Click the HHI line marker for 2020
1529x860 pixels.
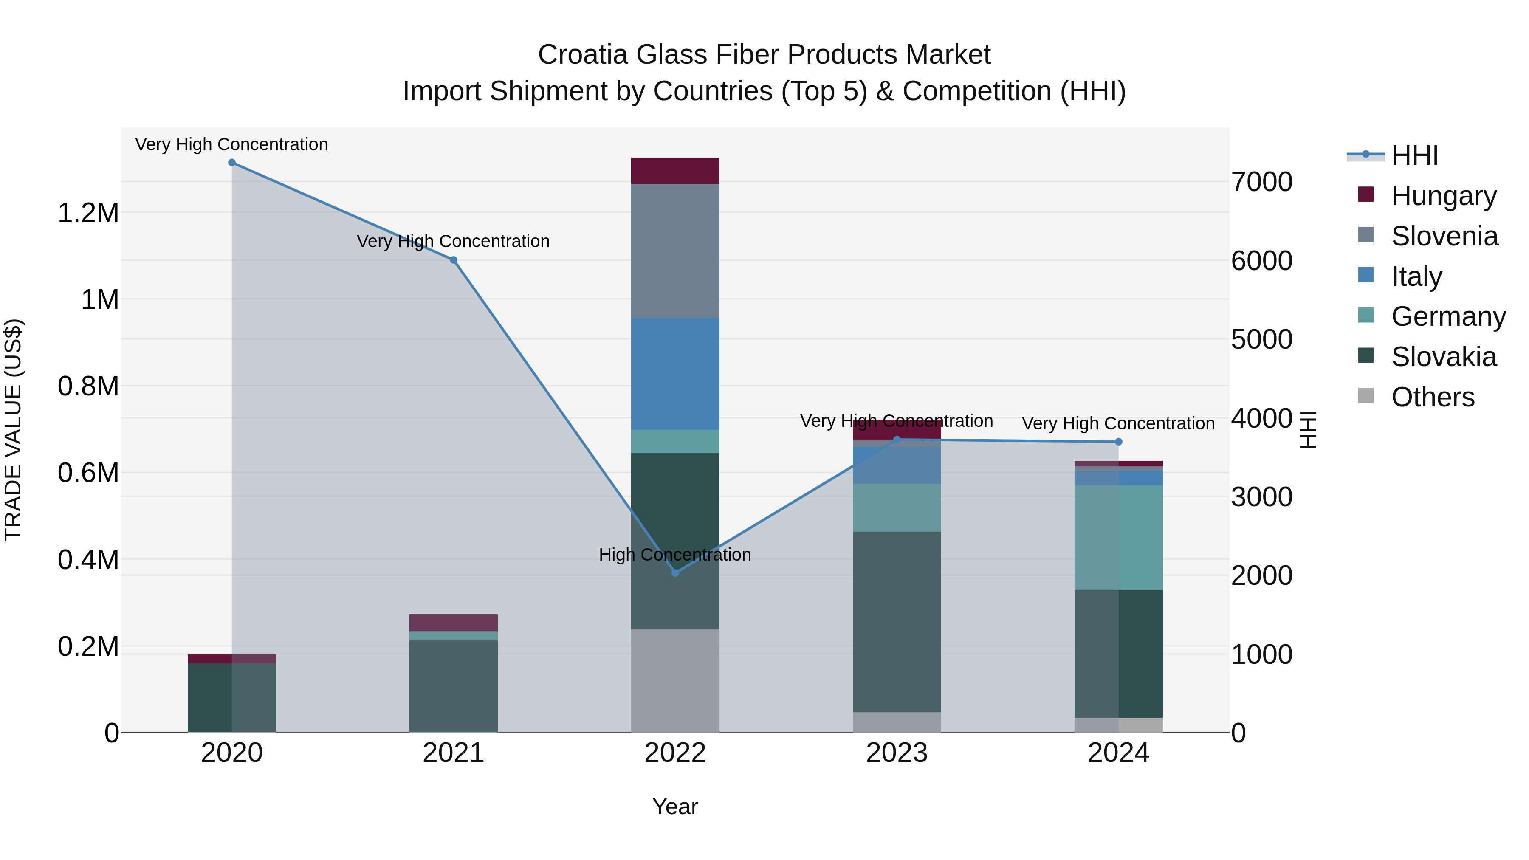coord(232,163)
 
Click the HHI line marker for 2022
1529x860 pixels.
coord(675,573)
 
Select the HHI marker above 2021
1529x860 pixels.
coord(454,260)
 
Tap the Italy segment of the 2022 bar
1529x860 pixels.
coord(675,374)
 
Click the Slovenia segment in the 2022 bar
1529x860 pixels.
coord(675,251)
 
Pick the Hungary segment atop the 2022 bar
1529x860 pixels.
coord(675,171)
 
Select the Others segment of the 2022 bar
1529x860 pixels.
coord(675,681)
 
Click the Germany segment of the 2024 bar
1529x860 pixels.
coord(1118,538)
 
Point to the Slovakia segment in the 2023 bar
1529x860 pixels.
coord(897,621)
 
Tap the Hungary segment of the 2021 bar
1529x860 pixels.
coord(454,623)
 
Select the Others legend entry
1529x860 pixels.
coord(1432,397)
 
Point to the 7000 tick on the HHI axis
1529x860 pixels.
coord(1262,182)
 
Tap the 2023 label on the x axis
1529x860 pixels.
coord(897,753)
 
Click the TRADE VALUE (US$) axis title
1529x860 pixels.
coord(13,430)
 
